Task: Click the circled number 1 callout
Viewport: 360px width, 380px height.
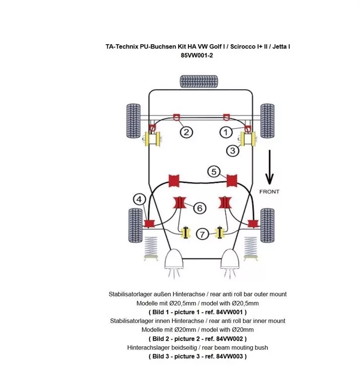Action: pyautogui.click(x=226, y=132)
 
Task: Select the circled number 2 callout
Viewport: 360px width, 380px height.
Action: pyautogui.click(x=186, y=132)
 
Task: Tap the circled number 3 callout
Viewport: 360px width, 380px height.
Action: pyautogui.click(x=232, y=151)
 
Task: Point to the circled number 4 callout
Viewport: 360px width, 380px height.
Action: pyautogui.click(x=139, y=199)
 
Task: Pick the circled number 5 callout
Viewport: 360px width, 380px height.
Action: pyautogui.click(x=214, y=171)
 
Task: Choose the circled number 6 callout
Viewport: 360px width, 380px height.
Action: pyautogui.click(x=199, y=208)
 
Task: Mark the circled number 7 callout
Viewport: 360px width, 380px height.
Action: pyautogui.click(x=202, y=234)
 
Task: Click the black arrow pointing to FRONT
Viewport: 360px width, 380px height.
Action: pyautogui.click(x=269, y=167)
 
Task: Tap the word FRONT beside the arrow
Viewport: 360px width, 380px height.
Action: pyautogui.click(x=269, y=191)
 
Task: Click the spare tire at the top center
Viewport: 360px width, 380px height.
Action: pyautogui.click(x=199, y=81)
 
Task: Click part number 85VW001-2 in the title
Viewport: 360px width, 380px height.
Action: pyautogui.click(x=198, y=55)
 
